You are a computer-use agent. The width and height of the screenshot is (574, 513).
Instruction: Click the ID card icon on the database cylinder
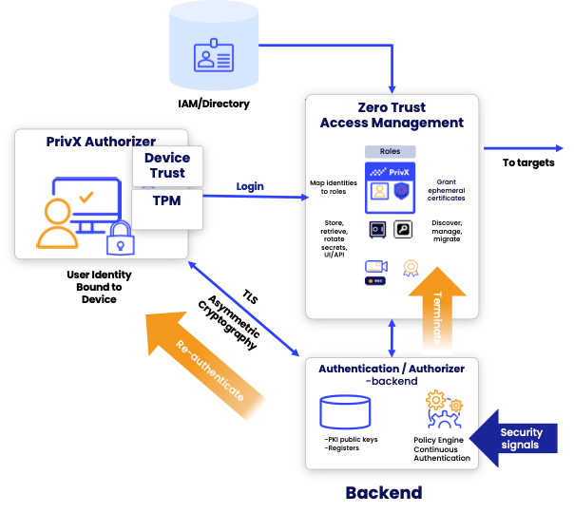click(214, 58)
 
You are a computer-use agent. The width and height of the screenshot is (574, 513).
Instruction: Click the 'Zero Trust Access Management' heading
click(392, 115)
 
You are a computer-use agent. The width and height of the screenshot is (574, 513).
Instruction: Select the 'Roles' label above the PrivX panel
click(391, 151)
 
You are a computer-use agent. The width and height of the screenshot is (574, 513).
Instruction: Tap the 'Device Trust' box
click(167, 165)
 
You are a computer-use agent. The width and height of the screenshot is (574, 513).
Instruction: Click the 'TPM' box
click(167, 201)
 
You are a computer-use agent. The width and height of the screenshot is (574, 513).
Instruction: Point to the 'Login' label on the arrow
click(250, 186)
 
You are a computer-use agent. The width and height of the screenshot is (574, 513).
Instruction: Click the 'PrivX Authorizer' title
click(101, 142)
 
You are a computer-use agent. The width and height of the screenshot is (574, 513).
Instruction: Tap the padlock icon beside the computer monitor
click(120, 237)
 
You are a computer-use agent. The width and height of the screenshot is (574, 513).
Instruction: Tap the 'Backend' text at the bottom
click(383, 492)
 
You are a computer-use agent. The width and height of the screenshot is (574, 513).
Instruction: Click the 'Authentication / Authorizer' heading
click(392, 369)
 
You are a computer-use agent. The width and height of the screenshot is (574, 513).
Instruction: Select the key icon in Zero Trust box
click(403, 229)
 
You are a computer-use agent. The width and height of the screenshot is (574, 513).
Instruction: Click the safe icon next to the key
click(378, 229)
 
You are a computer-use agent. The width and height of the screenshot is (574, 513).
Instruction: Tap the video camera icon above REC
click(377, 266)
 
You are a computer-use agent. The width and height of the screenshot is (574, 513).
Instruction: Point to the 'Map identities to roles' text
click(333, 187)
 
